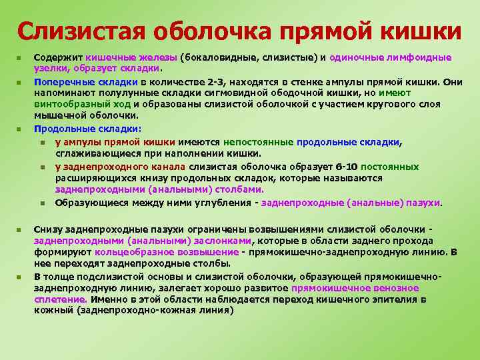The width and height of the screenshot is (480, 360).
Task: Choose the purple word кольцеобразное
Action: (133, 253)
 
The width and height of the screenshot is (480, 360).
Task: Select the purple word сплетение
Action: (59, 299)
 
